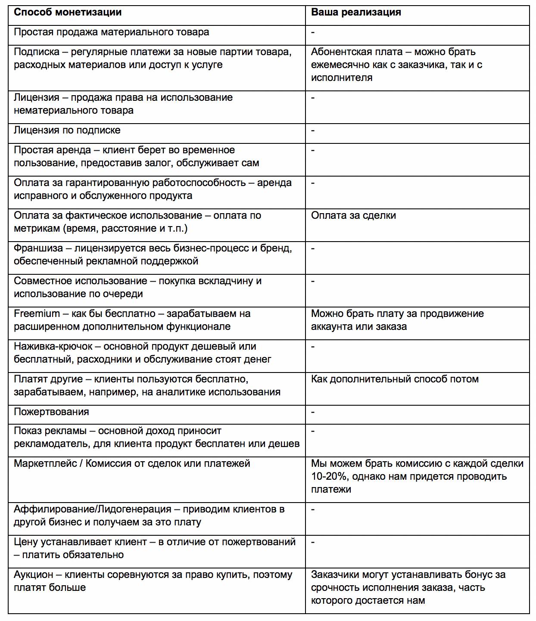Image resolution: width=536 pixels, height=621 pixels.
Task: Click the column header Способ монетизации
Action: pos(68,12)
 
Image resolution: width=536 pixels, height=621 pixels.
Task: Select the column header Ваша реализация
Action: pos(356,12)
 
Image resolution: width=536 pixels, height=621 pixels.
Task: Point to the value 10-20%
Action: pos(330,477)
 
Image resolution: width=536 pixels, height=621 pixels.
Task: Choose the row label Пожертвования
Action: pos(51,412)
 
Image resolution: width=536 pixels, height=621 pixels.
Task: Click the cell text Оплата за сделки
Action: pos(353,216)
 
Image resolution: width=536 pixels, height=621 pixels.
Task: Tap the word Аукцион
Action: pos(34,575)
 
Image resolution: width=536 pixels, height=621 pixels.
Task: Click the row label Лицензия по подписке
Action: pos(67,130)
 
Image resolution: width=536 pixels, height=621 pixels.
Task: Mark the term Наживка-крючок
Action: pos(53,347)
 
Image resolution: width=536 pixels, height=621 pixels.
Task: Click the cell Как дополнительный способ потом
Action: pos(395,379)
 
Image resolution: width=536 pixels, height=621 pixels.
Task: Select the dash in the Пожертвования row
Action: pos(313,412)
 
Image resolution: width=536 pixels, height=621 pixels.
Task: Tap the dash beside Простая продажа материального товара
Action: pos(313,32)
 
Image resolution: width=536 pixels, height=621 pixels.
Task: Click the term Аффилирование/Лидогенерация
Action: pos(92,509)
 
